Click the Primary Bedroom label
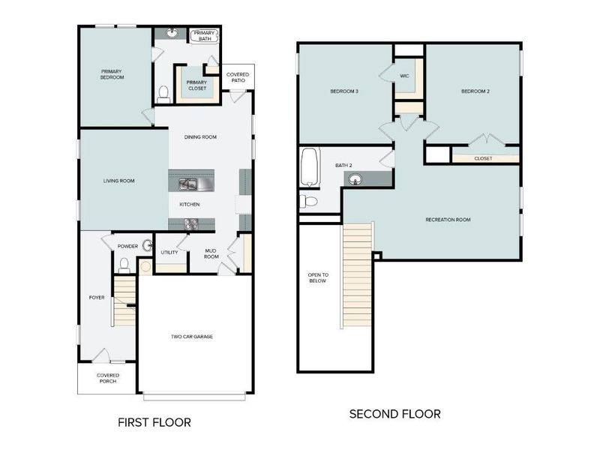tap(112, 74)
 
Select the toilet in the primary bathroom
tap(164, 93)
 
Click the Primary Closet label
tap(196, 85)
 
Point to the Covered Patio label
tap(238, 77)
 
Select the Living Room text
tap(118, 181)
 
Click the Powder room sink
tap(147, 245)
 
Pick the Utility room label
tap(169, 252)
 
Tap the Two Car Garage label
tap(191, 337)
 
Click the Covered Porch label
tap(107, 378)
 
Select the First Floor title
tap(154, 422)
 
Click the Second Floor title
tap(394, 414)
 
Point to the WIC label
tap(404, 76)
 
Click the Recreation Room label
tap(448, 220)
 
